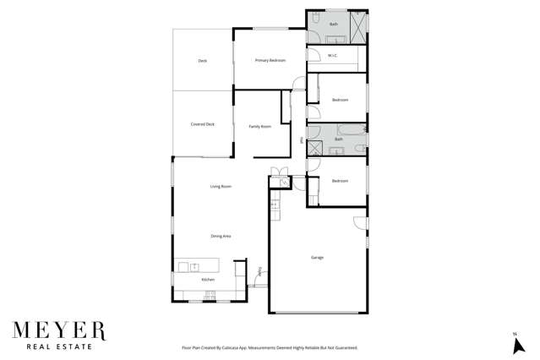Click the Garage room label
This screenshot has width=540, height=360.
click(x=317, y=257)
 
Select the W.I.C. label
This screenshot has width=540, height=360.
click(x=333, y=57)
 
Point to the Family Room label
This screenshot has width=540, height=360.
click(x=259, y=126)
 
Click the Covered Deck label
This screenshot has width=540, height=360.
click(x=202, y=124)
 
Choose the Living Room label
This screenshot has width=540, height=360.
click(x=221, y=186)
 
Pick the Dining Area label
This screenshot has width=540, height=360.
click(x=221, y=236)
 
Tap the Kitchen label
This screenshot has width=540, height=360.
click(x=208, y=279)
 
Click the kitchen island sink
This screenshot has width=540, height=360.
click(x=194, y=266)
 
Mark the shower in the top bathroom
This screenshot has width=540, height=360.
click(x=358, y=27)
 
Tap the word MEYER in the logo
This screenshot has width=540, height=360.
click(x=59, y=329)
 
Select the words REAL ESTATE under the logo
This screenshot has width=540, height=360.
click(x=59, y=346)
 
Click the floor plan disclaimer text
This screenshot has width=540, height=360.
click(x=270, y=347)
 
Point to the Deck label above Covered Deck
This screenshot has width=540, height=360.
click(x=203, y=61)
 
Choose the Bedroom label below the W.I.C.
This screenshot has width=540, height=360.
click(x=340, y=100)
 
